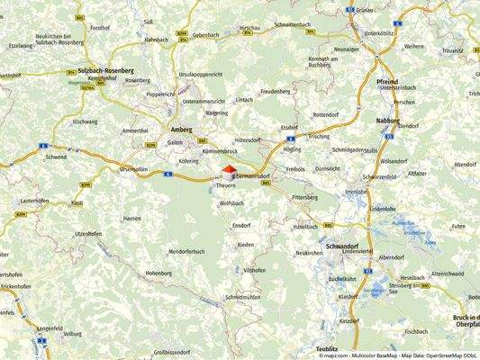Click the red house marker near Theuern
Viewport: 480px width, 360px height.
click(229, 171)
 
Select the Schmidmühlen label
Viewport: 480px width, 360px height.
click(243, 296)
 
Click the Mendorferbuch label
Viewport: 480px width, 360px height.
click(186, 251)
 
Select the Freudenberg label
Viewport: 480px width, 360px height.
click(276, 91)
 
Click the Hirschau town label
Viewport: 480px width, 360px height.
click(249, 28)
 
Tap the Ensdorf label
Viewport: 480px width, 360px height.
click(241, 225)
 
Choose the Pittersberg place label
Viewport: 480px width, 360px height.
click(305, 196)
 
